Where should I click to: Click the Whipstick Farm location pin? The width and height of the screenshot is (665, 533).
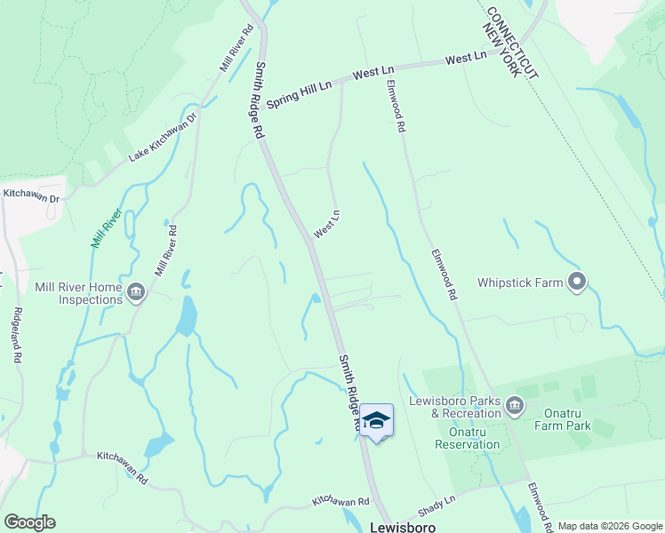pyautogui.click(x=577, y=282)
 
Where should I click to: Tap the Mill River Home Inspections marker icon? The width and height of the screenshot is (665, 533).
pyautogui.click(x=136, y=290)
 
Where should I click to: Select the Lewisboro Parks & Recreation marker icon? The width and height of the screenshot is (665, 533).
pyautogui.click(x=515, y=407)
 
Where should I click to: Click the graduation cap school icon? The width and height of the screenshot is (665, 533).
pyautogui.click(x=376, y=420)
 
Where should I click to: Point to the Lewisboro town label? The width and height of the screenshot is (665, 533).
pyautogui.click(x=402, y=526)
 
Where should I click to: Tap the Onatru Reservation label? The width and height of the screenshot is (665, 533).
pyautogui.click(x=468, y=444)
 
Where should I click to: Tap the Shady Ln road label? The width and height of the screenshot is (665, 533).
pyautogui.click(x=437, y=509)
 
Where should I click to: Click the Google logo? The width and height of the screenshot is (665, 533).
pyautogui.click(x=29, y=522)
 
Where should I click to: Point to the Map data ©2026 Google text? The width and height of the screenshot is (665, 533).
pyautogui.click(x=609, y=526)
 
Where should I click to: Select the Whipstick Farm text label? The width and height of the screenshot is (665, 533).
pyautogui.click(x=520, y=282)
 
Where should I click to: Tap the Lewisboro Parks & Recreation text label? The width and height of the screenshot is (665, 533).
pyautogui.click(x=454, y=407)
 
